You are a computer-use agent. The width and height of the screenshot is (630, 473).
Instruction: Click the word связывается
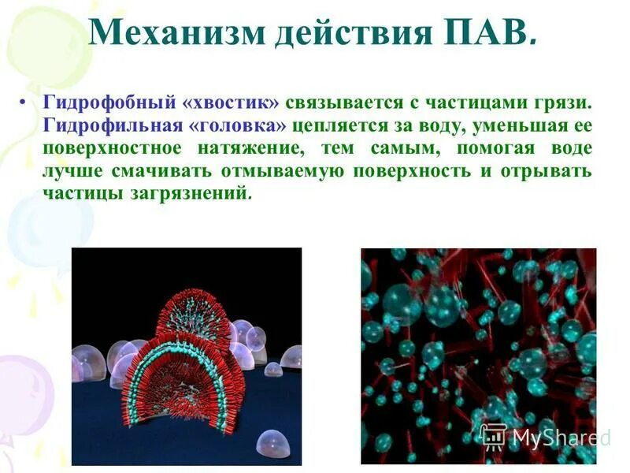pyautogui.click(x=347, y=103)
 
